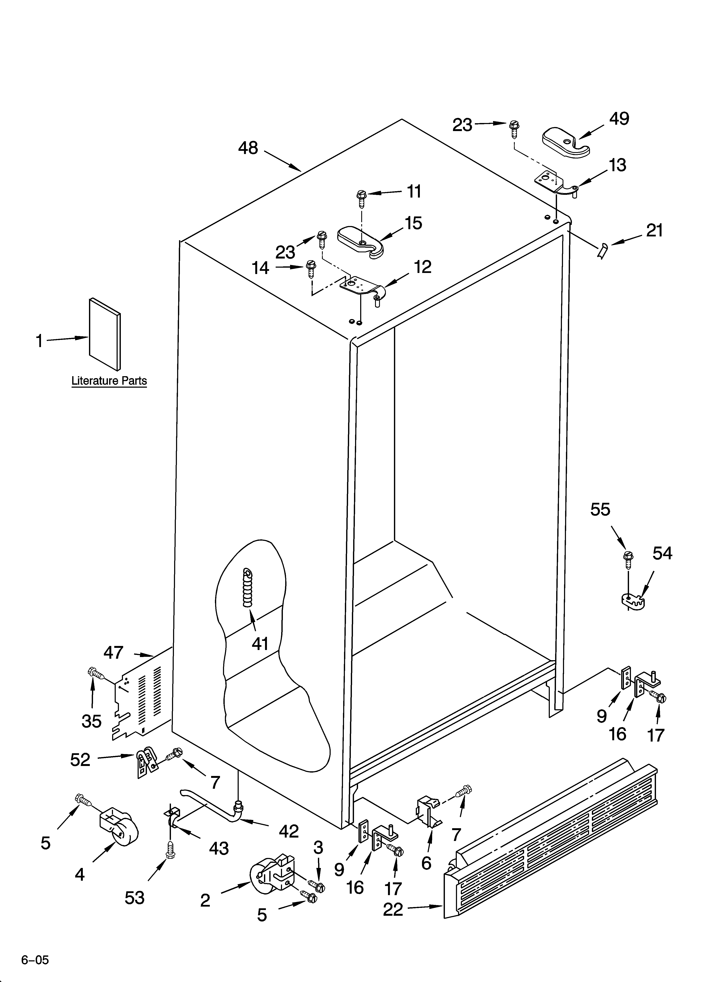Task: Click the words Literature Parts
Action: pos(109,381)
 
